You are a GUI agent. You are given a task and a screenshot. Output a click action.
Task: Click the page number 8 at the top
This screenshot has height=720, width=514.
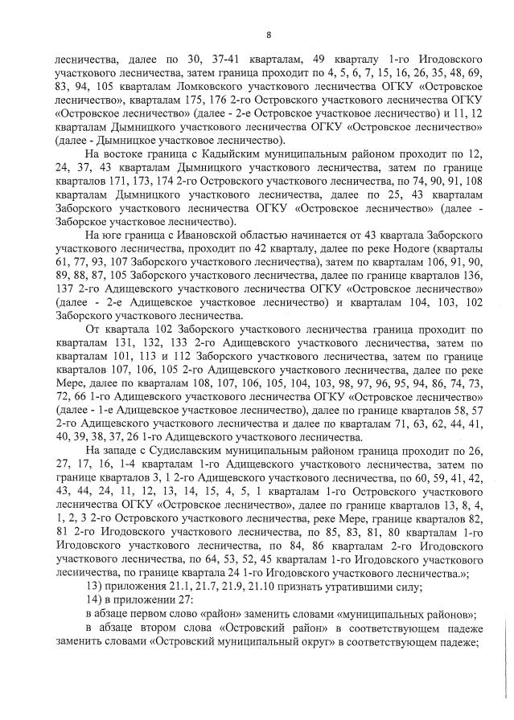[x=269, y=33]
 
